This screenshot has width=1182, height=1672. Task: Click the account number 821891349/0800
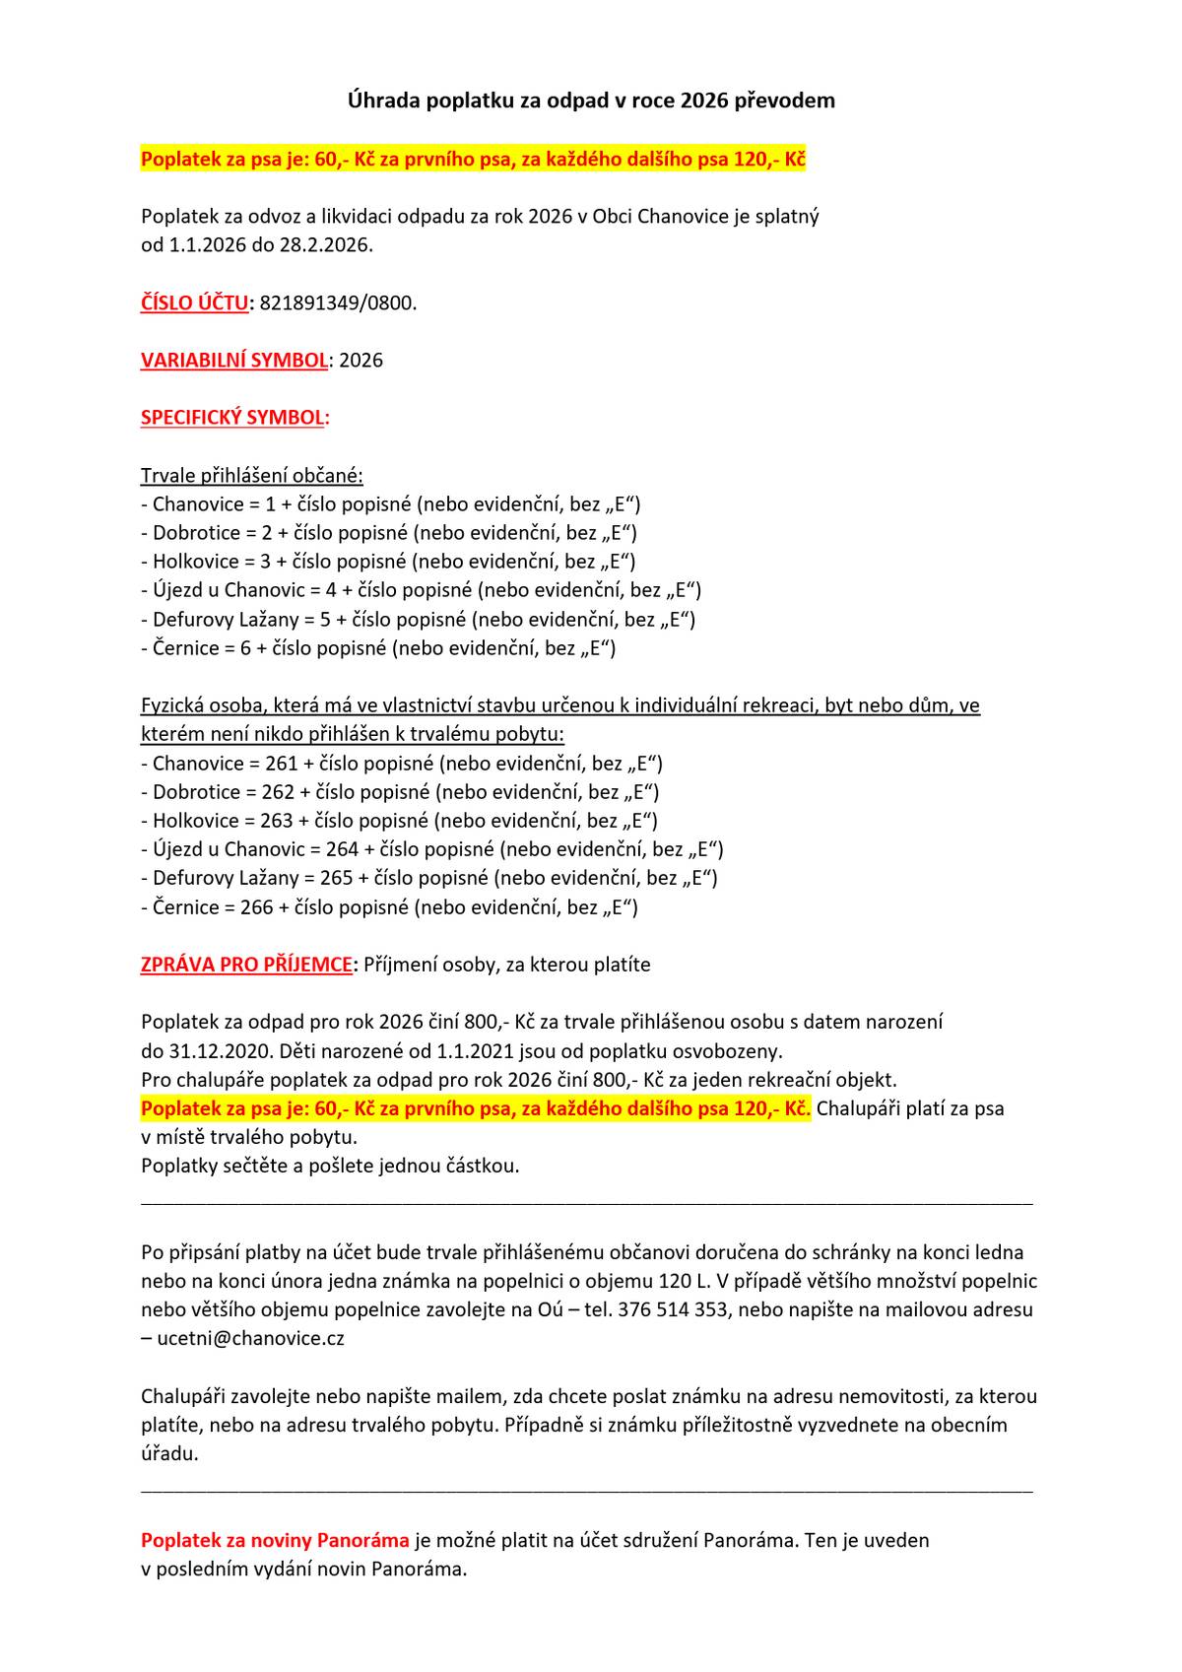tap(337, 303)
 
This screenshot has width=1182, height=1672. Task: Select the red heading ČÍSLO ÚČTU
tap(194, 303)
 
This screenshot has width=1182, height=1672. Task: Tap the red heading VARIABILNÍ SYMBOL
tap(234, 361)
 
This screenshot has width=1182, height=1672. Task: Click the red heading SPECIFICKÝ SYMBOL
tap(231, 418)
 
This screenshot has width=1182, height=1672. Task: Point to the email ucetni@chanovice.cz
tap(250, 1339)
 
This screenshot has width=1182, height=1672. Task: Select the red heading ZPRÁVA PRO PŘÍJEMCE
tap(246, 965)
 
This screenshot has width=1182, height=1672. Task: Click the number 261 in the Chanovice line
tap(281, 764)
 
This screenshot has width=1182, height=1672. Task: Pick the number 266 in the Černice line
tap(256, 907)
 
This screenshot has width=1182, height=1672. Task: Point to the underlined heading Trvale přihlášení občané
tap(252, 477)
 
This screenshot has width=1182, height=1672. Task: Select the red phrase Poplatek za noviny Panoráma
tap(275, 1540)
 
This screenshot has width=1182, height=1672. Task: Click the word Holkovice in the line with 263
tap(196, 821)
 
